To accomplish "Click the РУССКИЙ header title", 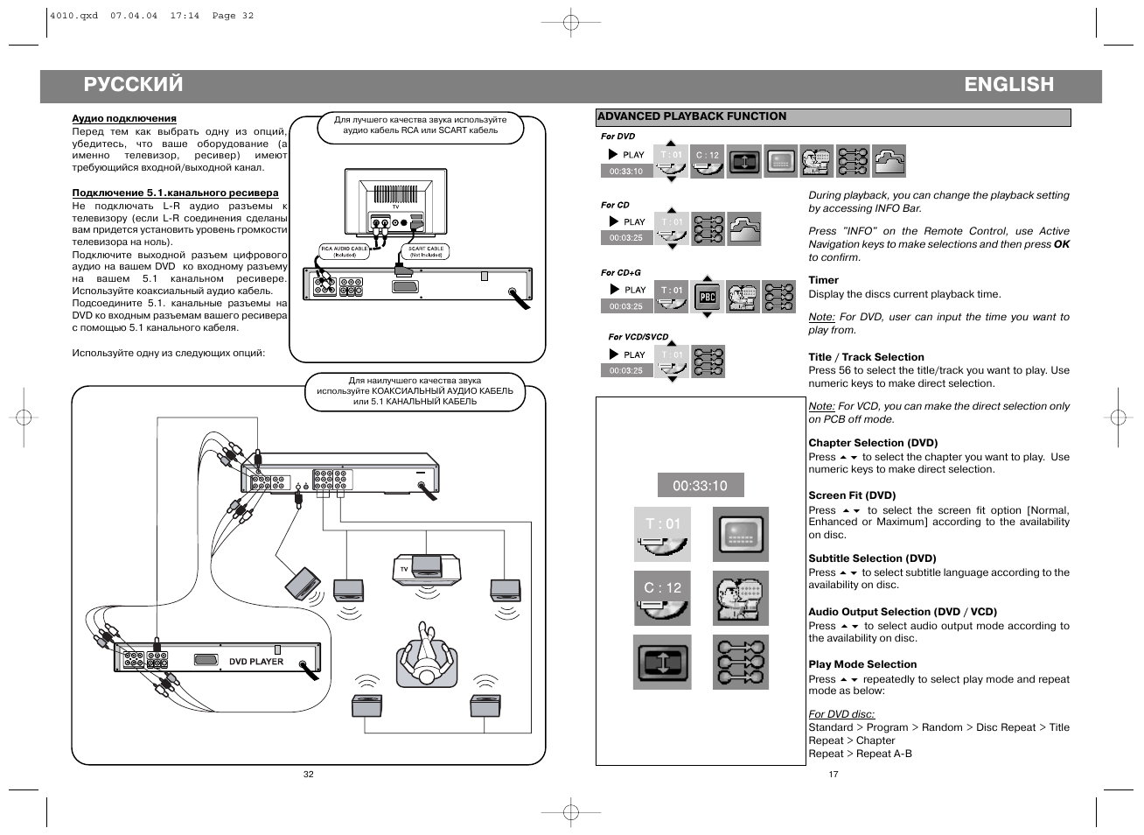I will pyautogui.click(x=133, y=85).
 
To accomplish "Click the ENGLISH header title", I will pyautogui.click(x=1008, y=85).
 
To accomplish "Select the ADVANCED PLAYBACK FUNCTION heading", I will pyautogui.click(x=692, y=116).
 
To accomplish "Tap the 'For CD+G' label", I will pyautogui.click(x=620, y=273).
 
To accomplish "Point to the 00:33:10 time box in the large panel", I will pyautogui.click(x=700, y=486).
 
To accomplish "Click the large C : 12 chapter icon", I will pyautogui.click(x=662, y=599).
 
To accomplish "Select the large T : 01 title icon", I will pyautogui.click(x=662, y=534).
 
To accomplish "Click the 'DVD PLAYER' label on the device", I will pyautogui.click(x=256, y=662).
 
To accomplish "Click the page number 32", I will pyautogui.click(x=308, y=774).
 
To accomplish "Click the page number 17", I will pyautogui.click(x=833, y=774).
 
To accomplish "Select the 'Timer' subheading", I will pyautogui.click(x=823, y=281).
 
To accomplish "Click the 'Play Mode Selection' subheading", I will pyautogui.click(x=862, y=664).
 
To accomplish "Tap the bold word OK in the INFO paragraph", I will pyautogui.click(x=1061, y=244).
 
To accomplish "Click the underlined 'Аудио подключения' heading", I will pyautogui.click(x=124, y=118).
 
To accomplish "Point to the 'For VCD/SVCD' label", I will pyautogui.click(x=638, y=337).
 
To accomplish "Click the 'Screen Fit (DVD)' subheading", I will pyautogui.click(x=852, y=495).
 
